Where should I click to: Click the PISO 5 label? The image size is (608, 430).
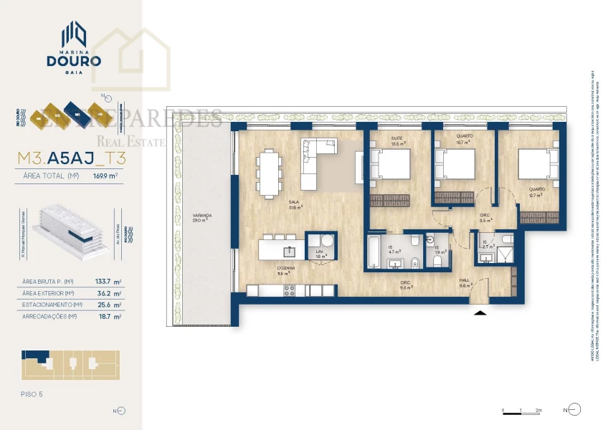coord(33,393)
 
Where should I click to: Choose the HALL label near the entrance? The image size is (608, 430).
coord(465,282)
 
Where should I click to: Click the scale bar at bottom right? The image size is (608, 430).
coord(521,411)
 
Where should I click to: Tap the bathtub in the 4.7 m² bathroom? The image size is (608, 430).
coord(374,253)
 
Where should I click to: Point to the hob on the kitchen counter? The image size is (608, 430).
coord(290,290)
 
